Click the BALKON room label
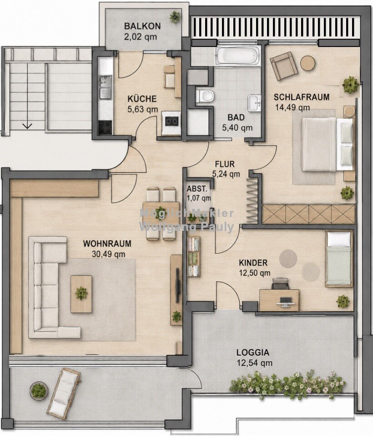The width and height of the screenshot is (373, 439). click(x=142, y=26)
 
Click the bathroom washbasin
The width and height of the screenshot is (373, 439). click(x=254, y=103)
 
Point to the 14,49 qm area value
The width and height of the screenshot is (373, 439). click(x=292, y=107)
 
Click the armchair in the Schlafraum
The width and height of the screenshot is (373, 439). click(x=283, y=66)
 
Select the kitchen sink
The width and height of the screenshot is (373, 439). click(x=106, y=87)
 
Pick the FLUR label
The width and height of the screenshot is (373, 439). click(x=225, y=164)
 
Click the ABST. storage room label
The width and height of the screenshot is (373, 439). click(x=197, y=189)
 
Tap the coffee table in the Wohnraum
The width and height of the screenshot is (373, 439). click(x=81, y=294)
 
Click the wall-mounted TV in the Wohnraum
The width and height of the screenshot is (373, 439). click(x=177, y=285)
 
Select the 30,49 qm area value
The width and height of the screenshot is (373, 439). click(x=109, y=254)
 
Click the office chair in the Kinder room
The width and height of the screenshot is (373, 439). click(x=280, y=284)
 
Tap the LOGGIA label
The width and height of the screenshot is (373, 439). click(x=253, y=352)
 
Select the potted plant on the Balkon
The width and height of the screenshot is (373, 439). click(x=175, y=17)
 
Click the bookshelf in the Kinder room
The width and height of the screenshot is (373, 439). click(x=193, y=256)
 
